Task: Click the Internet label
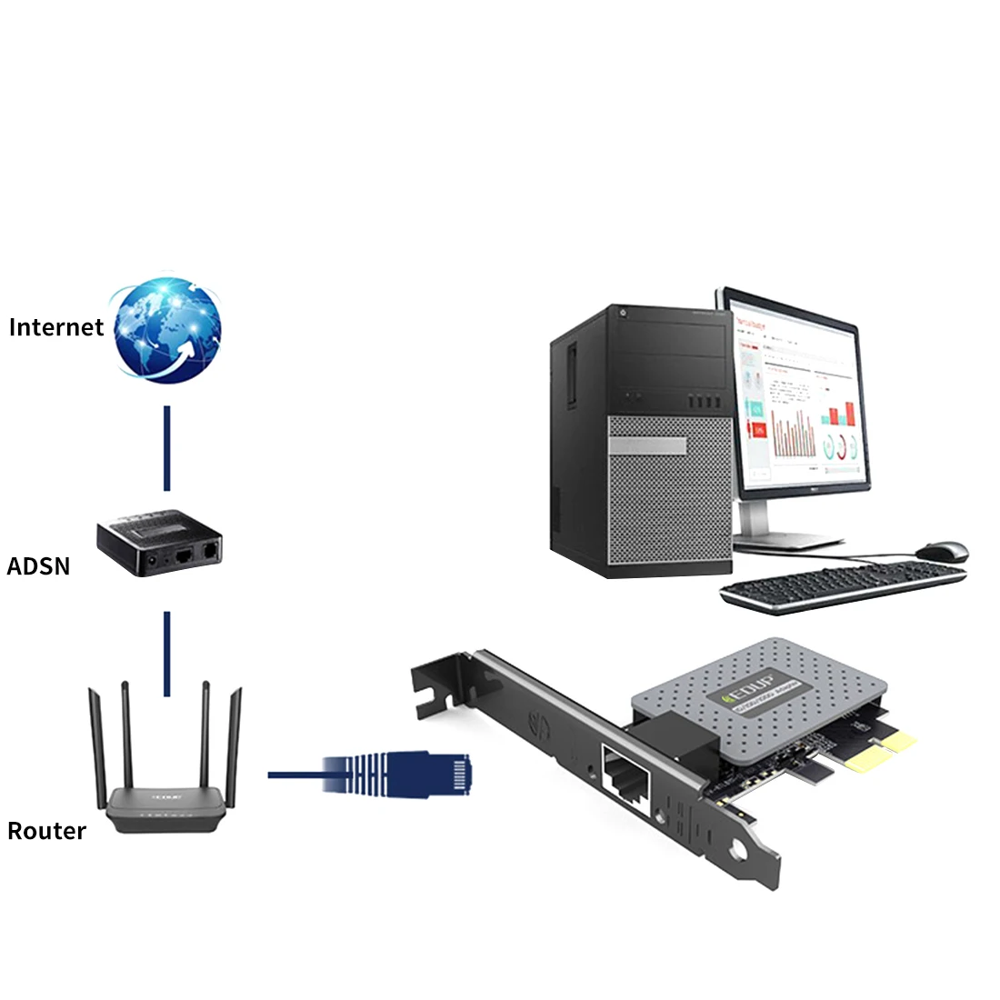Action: [56, 327]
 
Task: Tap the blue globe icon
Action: [167, 329]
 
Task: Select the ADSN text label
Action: [38, 566]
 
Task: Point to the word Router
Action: [46, 831]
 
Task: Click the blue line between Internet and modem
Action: [167, 448]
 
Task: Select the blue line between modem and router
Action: [167, 653]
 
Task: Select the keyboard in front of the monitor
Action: [841, 586]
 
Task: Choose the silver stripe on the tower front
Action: [647, 446]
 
